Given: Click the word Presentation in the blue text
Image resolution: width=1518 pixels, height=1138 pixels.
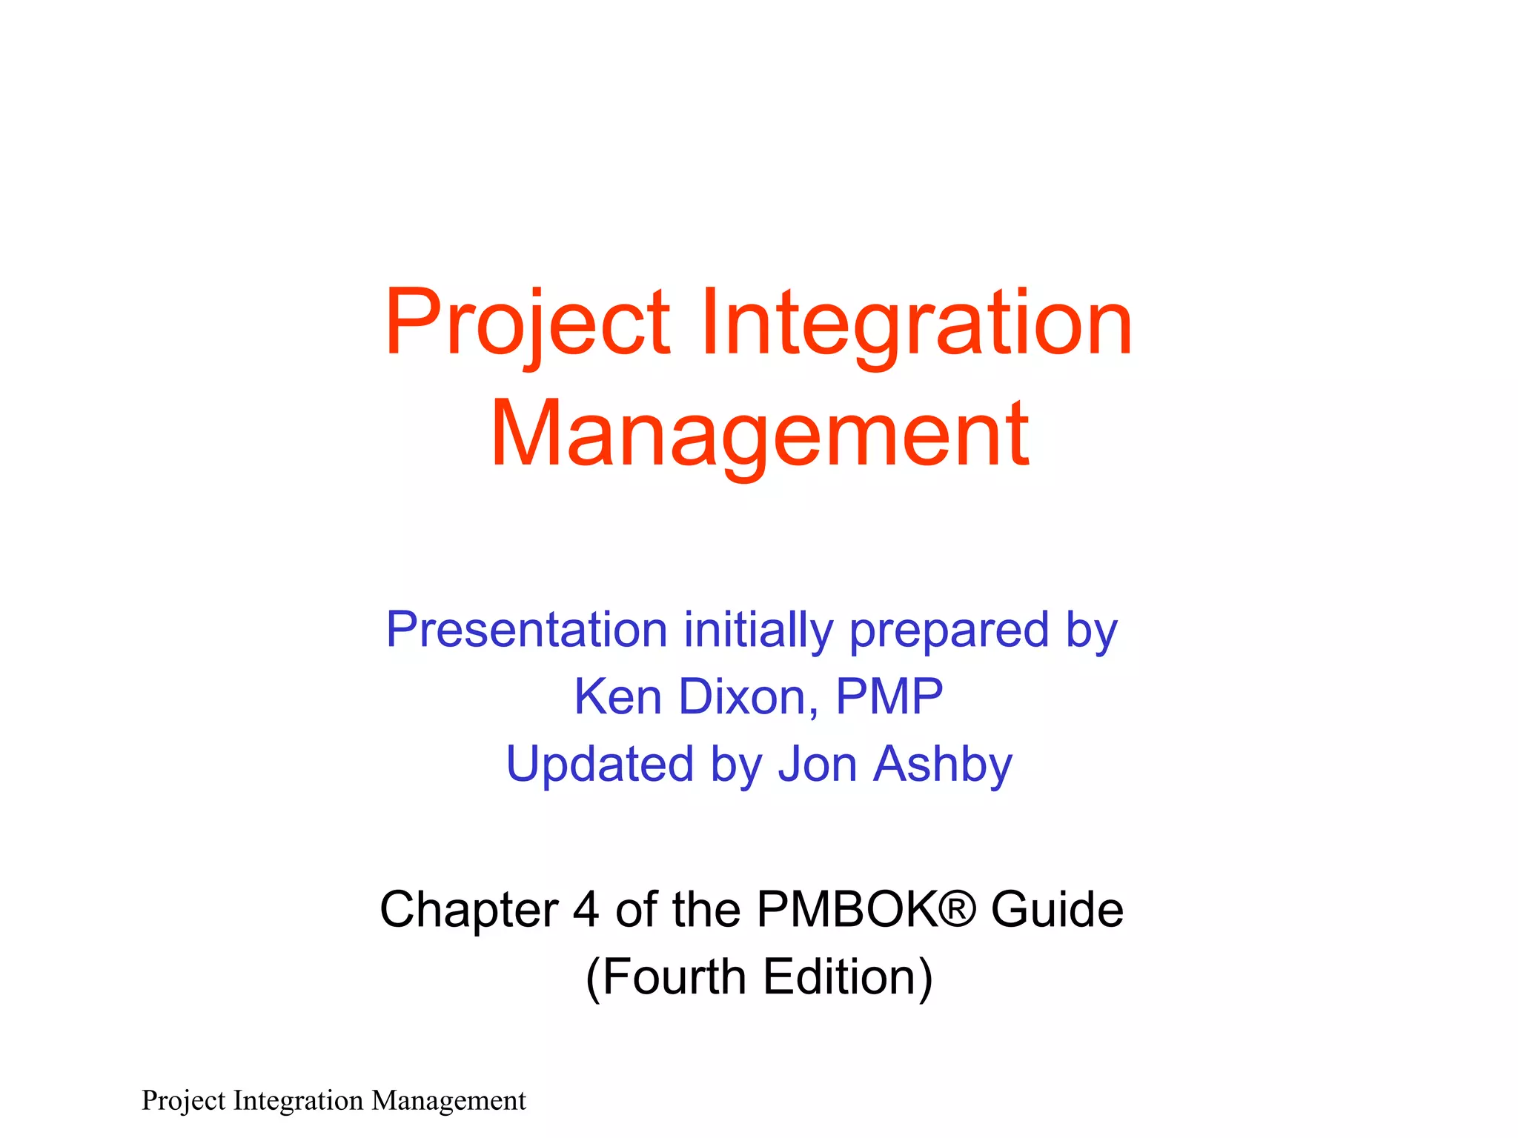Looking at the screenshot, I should click(x=527, y=630).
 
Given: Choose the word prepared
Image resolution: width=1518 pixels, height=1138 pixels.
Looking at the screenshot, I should click(x=949, y=630).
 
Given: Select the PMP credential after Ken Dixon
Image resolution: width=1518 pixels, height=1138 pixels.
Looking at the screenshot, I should click(x=889, y=697).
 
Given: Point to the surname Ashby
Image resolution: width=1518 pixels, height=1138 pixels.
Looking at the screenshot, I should click(x=942, y=764).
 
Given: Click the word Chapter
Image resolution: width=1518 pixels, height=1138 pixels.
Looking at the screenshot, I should click(x=468, y=910).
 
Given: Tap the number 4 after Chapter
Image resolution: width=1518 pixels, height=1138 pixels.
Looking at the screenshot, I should click(x=586, y=910).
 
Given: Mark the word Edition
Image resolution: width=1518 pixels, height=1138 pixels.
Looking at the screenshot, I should click(x=841, y=976).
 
